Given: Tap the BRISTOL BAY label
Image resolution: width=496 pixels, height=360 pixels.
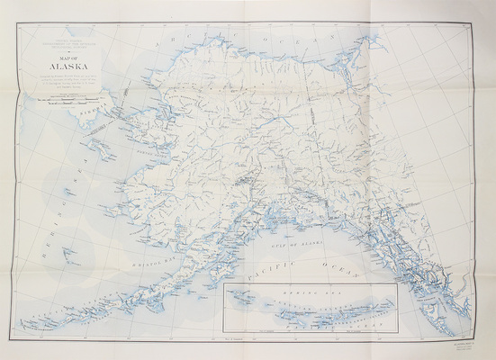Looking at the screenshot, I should pyautogui.click(x=144, y=255).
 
